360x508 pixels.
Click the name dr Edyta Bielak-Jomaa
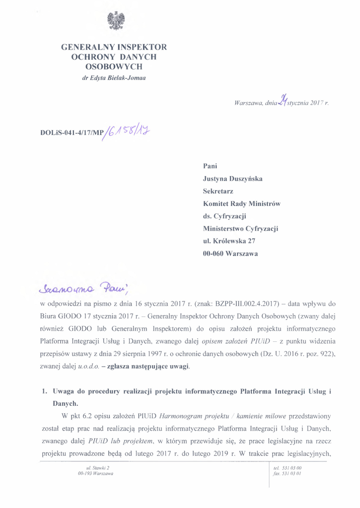click(x=114, y=78)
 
